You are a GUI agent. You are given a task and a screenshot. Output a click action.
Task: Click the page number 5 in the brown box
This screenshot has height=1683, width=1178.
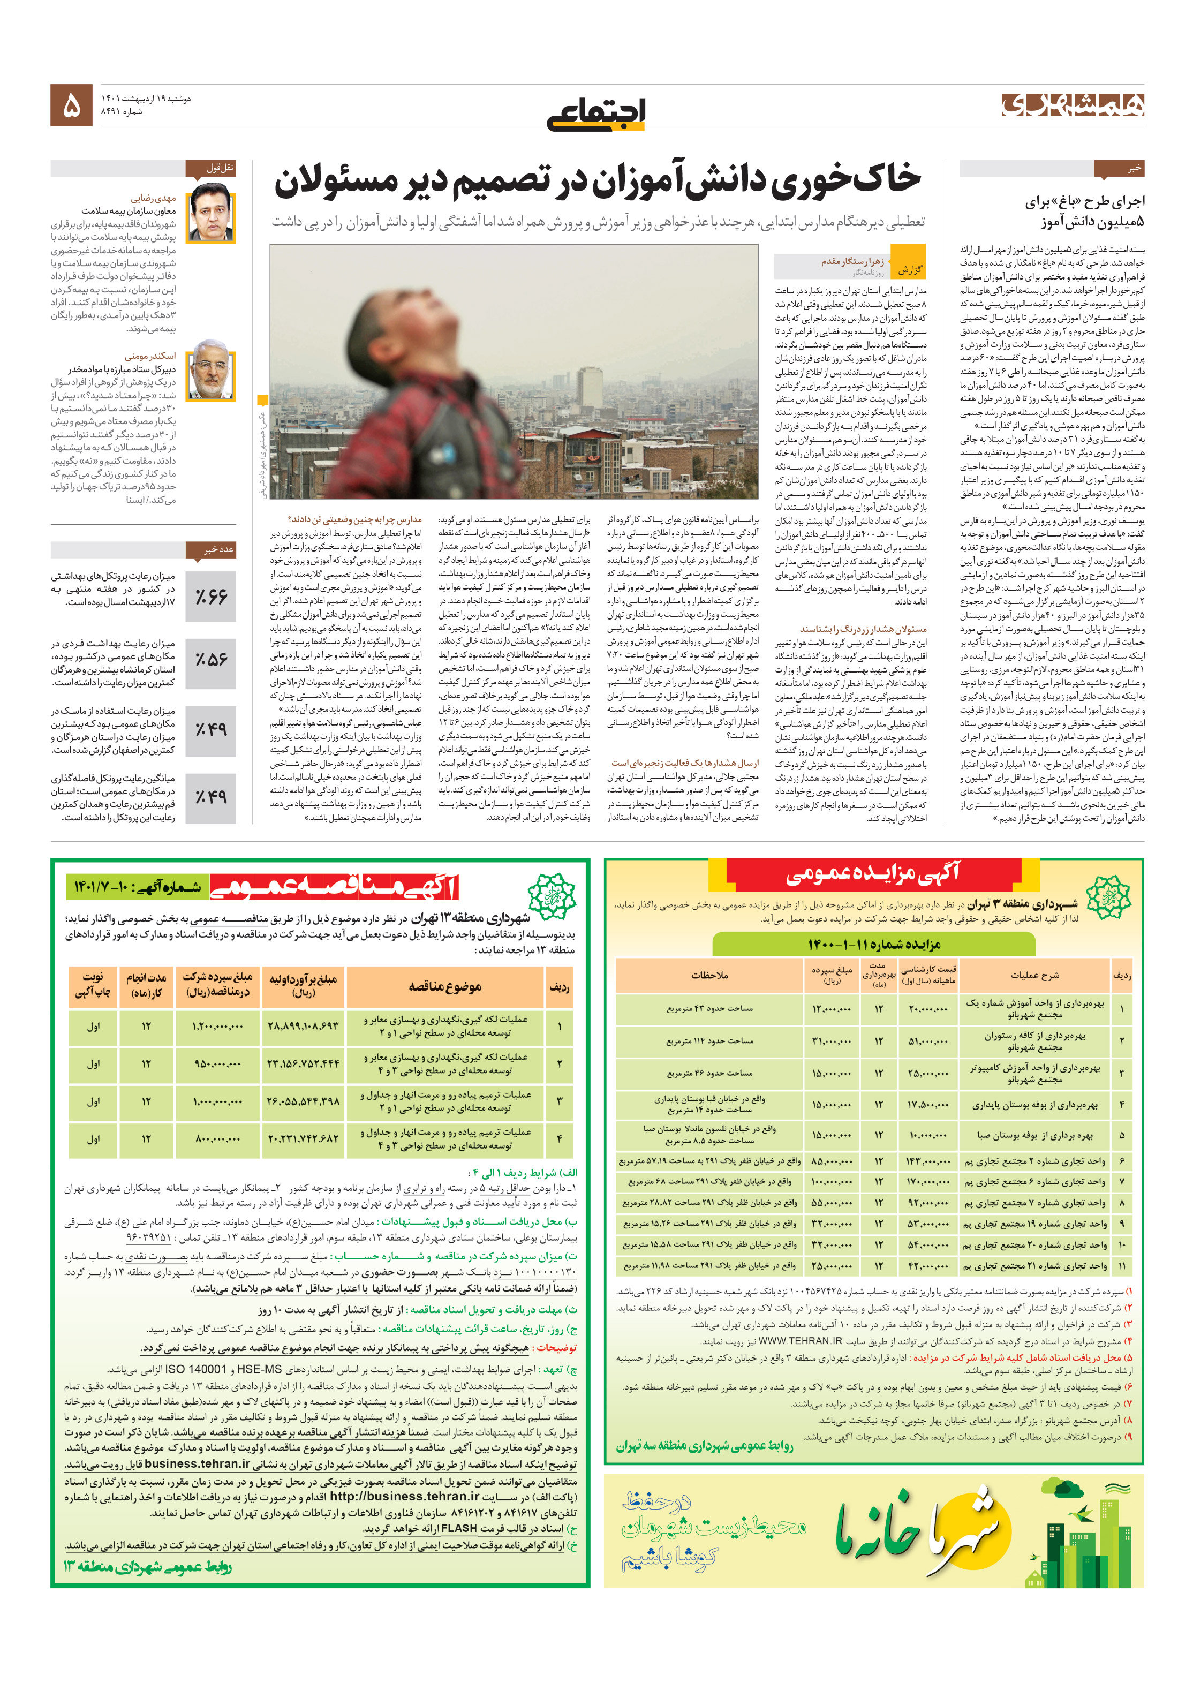click(x=71, y=105)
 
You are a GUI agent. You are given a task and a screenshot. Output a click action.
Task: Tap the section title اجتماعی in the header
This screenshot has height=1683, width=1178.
click(x=595, y=114)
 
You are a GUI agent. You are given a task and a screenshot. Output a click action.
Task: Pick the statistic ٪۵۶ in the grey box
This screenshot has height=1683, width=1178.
click(x=211, y=660)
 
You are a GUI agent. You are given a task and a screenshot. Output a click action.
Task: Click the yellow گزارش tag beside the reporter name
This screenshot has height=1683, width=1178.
click(x=910, y=269)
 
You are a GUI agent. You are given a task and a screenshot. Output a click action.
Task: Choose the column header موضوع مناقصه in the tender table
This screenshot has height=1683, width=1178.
click(x=444, y=987)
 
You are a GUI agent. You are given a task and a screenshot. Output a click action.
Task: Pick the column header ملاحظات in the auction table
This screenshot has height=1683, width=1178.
click(x=709, y=976)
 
